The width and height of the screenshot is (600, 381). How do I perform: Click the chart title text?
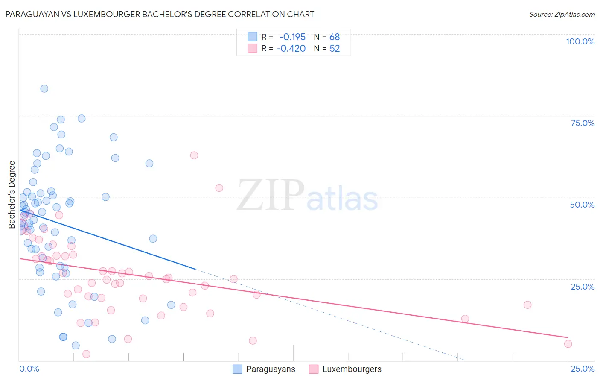[160, 14]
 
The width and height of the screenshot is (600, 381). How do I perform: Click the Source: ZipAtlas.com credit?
[562, 14]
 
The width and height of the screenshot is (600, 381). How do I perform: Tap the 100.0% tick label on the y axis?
[580, 41]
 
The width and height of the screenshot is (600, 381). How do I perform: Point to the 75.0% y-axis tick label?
[583, 123]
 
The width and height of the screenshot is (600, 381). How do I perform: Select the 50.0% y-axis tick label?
[582, 205]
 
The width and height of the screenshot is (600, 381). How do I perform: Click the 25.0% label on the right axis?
[583, 287]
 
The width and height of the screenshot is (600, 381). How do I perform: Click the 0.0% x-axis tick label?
[29, 369]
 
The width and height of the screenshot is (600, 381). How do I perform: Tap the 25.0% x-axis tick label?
[583, 369]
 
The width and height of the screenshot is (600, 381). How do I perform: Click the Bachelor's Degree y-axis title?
[12, 195]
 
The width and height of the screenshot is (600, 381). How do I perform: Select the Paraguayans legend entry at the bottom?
[270, 369]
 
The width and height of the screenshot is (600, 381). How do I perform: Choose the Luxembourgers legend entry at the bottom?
[352, 369]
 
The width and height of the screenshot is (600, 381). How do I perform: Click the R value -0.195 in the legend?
[292, 37]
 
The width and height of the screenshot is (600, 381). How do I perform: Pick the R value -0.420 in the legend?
[291, 49]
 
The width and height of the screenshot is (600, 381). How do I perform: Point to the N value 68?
[335, 37]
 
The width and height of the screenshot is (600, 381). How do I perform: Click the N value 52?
[335, 49]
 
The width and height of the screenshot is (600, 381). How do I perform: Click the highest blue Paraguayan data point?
[44, 89]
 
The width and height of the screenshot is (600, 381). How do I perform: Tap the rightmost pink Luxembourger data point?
[568, 344]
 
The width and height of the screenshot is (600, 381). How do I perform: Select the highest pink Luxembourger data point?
[194, 155]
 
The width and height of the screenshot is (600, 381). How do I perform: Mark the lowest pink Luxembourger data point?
[86, 354]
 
